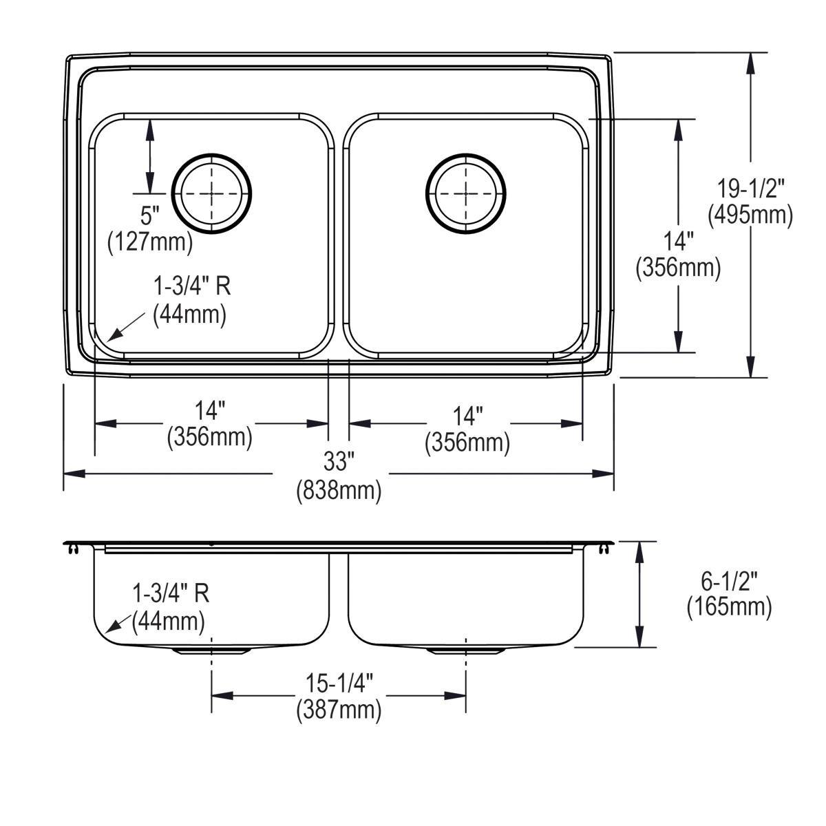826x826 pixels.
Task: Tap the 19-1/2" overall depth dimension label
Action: point(750,187)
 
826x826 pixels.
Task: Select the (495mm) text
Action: point(750,215)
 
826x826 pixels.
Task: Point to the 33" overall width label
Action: point(338,462)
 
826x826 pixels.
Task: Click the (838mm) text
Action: point(338,490)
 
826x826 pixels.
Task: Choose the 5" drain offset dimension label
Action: point(149,215)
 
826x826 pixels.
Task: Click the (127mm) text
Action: point(150,242)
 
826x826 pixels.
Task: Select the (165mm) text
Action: point(729,607)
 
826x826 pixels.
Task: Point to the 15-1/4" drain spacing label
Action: point(339,683)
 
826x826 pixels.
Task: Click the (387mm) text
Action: point(339,710)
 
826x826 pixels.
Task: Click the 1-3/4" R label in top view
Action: point(191,286)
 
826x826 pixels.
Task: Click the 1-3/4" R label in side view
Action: point(170,593)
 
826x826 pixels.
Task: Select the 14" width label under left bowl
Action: point(210,411)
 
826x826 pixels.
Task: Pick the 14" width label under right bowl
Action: point(467,415)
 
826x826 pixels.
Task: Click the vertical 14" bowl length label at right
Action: point(678,241)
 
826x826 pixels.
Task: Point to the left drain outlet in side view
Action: point(211,650)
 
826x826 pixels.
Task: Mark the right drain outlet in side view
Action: point(466,650)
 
